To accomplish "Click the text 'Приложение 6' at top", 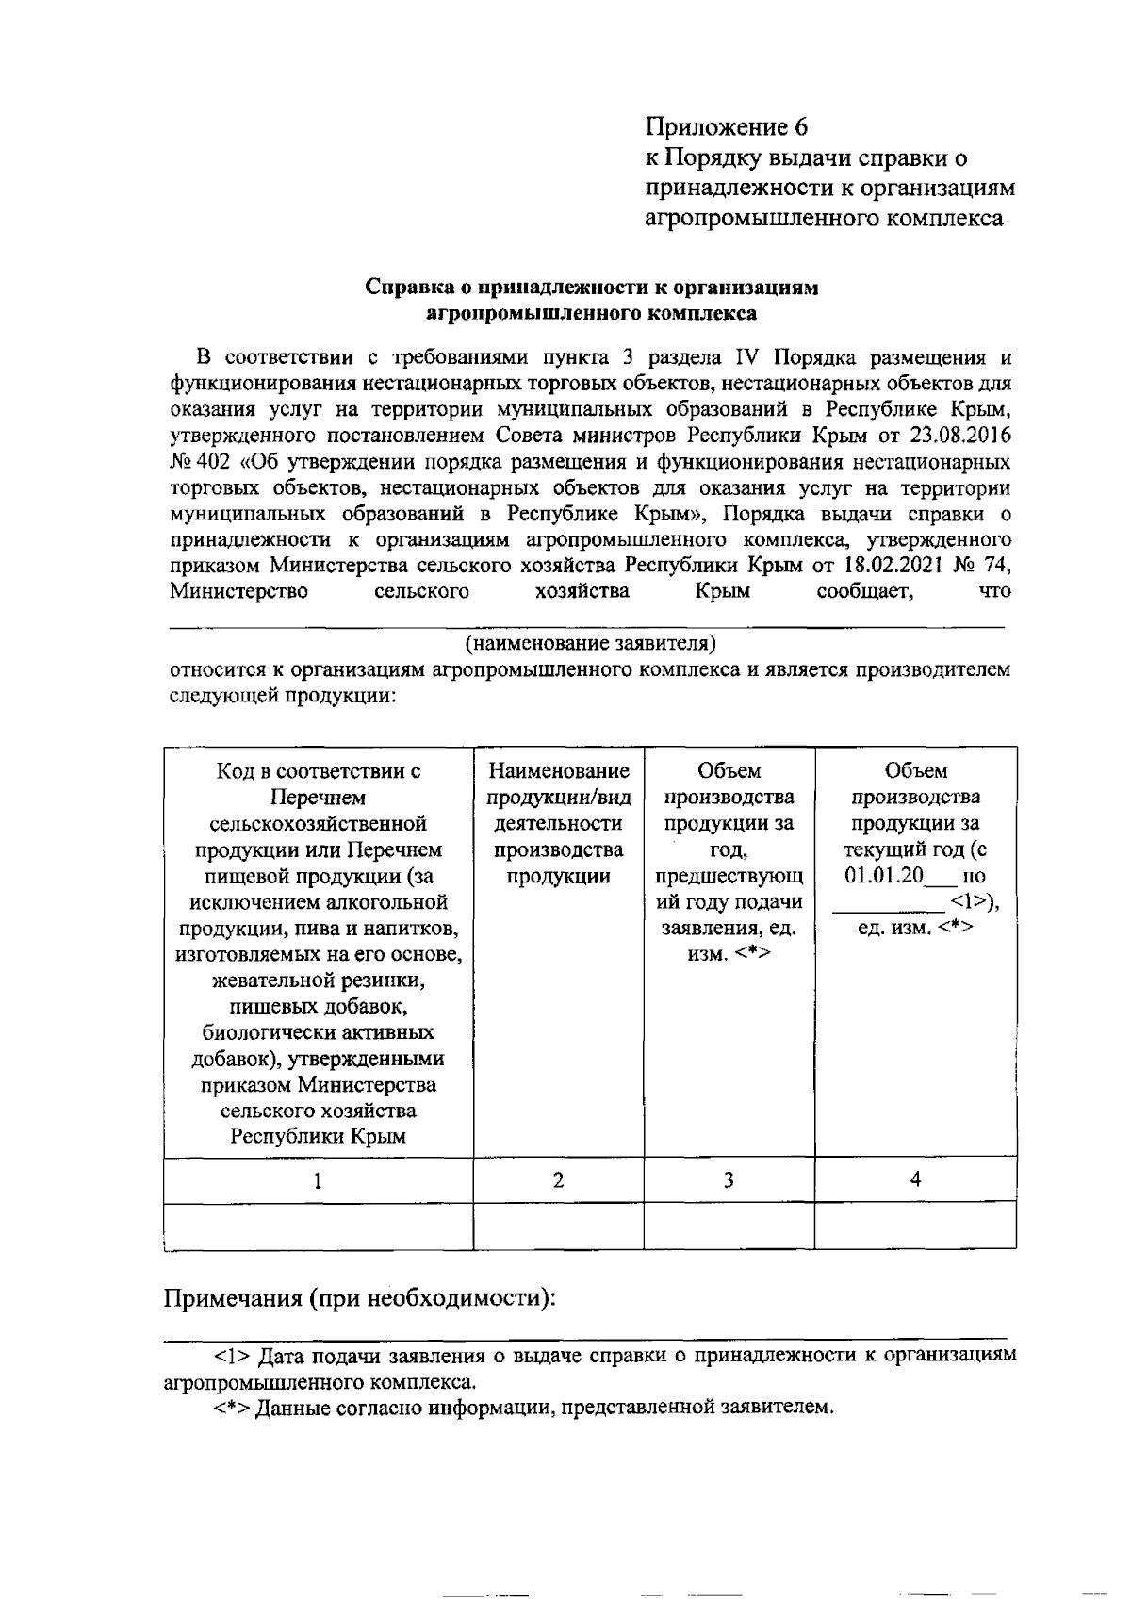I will coord(726,126).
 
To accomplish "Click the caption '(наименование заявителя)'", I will coord(590,645).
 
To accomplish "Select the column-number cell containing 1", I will coord(318,1180).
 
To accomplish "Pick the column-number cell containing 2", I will coord(558,1180).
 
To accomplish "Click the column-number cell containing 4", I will coord(915,1180).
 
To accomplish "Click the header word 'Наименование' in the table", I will coord(558,771).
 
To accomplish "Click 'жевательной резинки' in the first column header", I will coord(319,981).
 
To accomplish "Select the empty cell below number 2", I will coord(558,1226).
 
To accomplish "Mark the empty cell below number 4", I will coord(915,1226).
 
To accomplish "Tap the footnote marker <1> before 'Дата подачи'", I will coord(232,1356).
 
